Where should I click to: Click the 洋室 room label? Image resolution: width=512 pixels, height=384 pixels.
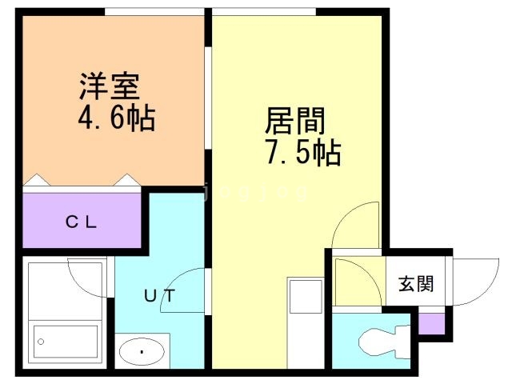click(x=110, y=86)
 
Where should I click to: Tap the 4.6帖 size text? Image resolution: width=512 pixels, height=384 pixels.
click(x=117, y=118)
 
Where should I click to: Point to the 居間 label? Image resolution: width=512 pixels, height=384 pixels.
click(x=295, y=121)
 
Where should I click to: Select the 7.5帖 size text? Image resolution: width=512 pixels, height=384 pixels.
click(x=304, y=153)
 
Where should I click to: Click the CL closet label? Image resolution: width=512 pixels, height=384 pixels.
click(x=81, y=222)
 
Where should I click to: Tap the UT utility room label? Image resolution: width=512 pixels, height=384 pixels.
click(x=160, y=296)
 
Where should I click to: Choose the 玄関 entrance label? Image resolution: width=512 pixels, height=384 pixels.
click(x=416, y=283)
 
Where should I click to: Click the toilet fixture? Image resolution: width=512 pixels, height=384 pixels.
click(x=384, y=342)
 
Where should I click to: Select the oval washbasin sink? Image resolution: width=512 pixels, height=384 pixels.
click(x=142, y=351)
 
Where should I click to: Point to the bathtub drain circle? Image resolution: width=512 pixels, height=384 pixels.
click(x=41, y=342)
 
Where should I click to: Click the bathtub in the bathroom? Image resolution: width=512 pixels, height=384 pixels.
click(x=66, y=342)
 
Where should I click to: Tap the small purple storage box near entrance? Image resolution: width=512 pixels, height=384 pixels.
click(x=432, y=323)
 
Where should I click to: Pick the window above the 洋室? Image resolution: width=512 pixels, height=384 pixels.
click(x=154, y=12)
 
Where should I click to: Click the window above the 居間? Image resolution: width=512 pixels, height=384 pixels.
click(x=264, y=12)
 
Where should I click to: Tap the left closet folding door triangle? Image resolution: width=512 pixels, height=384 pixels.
click(x=37, y=180)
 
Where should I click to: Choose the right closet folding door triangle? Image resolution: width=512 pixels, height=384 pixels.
click(x=127, y=180)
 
